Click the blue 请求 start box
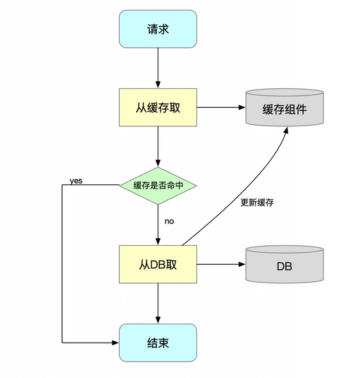[x=158, y=29]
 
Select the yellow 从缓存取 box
[x=158, y=108]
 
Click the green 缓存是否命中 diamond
[x=158, y=185]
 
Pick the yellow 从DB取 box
[x=158, y=265]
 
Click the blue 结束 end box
[x=158, y=343]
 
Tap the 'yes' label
[x=76, y=180]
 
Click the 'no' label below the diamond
[x=169, y=222]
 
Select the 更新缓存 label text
[x=257, y=202]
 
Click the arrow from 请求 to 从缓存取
[x=158, y=69]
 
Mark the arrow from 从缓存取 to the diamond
[x=158, y=146]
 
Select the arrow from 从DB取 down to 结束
[x=158, y=303]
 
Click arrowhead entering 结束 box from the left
[x=115, y=343]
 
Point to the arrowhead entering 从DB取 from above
[x=158, y=242]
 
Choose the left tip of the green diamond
[x=120, y=185]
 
